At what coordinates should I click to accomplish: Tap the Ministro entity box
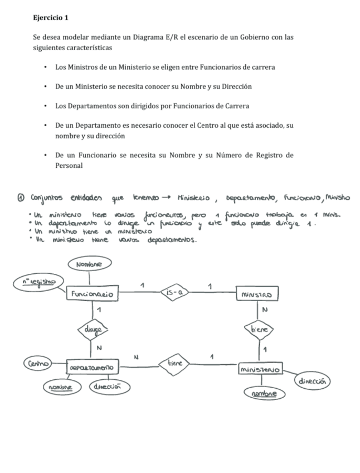click(x=257, y=293)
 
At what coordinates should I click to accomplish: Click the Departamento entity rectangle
click(x=91, y=368)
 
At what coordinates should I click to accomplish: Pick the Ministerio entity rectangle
click(x=260, y=370)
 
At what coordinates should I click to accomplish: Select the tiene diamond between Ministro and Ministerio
click(x=260, y=329)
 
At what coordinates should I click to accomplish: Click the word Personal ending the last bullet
click(x=69, y=165)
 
